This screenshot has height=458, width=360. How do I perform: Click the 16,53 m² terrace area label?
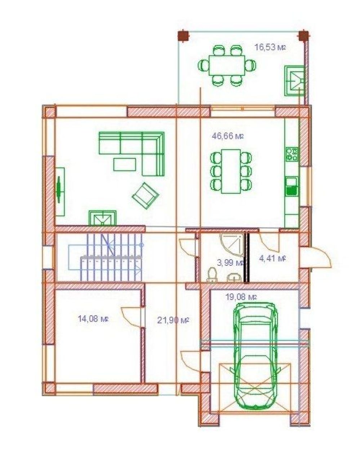tap(270, 47)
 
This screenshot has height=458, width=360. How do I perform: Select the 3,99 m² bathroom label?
tap(230, 263)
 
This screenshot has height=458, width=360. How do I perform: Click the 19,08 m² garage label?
tap(241, 297)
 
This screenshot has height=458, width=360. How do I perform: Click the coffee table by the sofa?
tap(125, 164)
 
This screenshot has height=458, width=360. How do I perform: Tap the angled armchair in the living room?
tap(146, 195)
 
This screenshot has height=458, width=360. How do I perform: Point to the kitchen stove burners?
tap(292, 154)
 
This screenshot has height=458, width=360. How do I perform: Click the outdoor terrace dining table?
tap(227, 65)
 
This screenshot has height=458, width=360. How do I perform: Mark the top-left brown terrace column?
tap(183, 36)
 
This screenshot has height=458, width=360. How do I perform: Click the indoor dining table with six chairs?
tap(231, 171)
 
